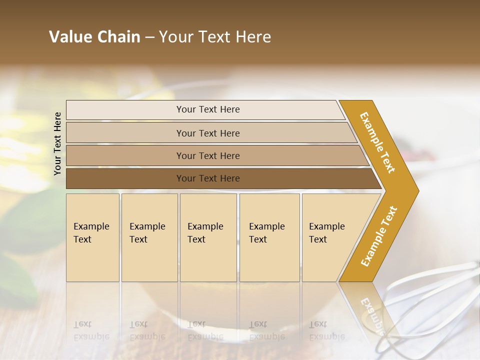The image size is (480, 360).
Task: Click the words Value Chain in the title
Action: tap(94, 37)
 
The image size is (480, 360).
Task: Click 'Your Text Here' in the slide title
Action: tap(215, 37)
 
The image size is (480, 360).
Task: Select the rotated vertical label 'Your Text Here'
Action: tap(57, 143)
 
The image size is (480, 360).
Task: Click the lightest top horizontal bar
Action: tap(207, 109)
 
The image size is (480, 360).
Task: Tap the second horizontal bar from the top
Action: tap(207, 133)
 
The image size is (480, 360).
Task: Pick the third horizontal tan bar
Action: tap(207, 155)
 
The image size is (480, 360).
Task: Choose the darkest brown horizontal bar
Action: tap(207, 178)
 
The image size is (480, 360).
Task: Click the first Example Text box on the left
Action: tap(92, 237)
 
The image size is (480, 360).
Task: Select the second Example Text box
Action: tap(149, 237)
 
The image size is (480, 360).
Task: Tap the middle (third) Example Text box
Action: tap(208, 237)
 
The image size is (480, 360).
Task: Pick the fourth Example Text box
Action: tap(269, 237)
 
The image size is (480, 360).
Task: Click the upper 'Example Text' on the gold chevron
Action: tap(378, 142)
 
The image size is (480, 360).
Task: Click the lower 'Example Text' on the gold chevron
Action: tap(379, 236)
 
